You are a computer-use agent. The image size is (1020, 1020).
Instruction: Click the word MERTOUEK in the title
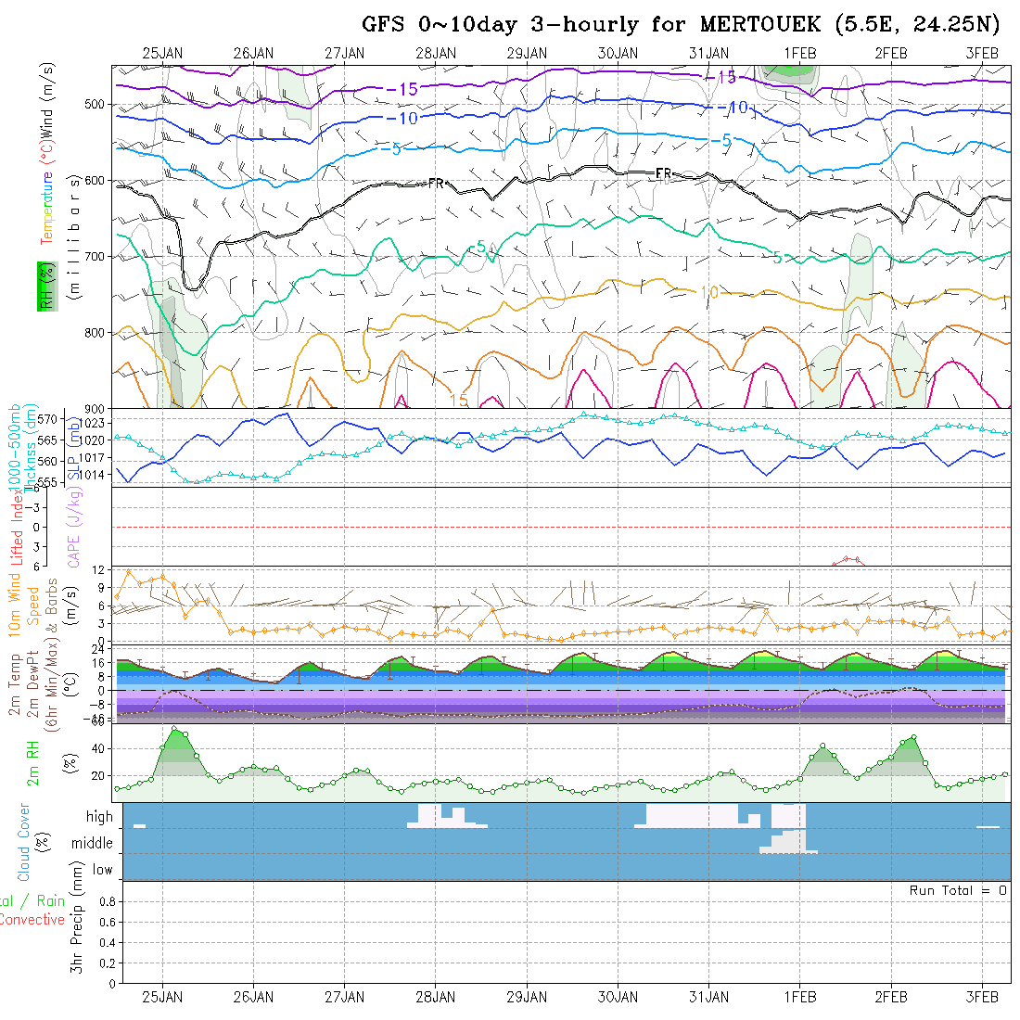[x=752, y=24]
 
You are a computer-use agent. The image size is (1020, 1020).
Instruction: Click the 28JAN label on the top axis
[x=436, y=53]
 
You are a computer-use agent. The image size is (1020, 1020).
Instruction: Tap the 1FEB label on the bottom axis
[x=799, y=997]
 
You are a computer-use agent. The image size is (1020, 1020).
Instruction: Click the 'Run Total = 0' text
[x=958, y=890]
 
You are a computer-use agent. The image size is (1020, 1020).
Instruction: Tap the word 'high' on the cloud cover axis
[x=99, y=817]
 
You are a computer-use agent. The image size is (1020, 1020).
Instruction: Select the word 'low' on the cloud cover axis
[x=102, y=870]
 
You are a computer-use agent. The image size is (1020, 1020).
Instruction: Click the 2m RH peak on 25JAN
[x=174, y=729]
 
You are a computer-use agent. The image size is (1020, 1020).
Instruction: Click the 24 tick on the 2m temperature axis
[x=104, y=651]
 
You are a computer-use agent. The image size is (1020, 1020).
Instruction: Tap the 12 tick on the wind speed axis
[x=104, y=567]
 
